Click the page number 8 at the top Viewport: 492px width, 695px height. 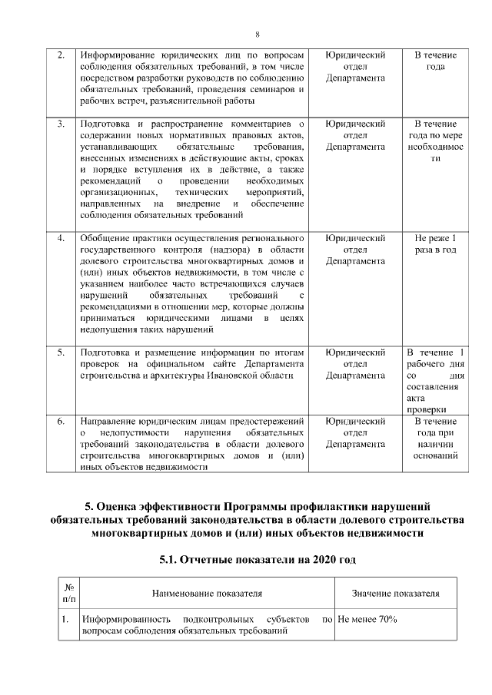[257, 35]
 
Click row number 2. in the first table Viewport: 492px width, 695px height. [61, 55]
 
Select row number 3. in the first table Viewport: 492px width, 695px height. [61, 124]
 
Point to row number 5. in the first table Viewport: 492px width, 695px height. [61, 352]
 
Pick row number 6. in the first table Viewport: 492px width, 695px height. [61, 421]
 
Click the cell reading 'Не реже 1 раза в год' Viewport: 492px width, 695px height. [435, 243]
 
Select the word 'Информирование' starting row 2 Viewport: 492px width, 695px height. [116, 55]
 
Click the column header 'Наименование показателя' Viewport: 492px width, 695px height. [207, 594]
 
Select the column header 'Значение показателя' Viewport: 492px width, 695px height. [395, 594]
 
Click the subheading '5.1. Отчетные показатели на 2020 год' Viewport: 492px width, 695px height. [257, 559]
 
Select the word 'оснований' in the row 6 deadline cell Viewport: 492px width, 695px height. [435, 455]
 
